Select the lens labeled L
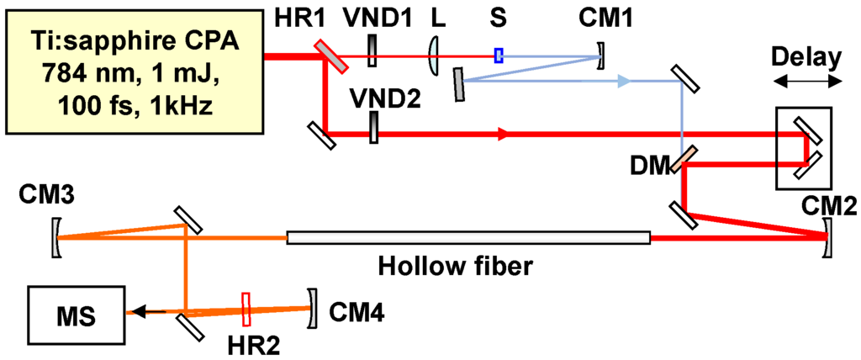coord(433,56)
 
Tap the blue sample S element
coord(499,56)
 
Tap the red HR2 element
coord(246,309)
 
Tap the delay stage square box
coord(803,148)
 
